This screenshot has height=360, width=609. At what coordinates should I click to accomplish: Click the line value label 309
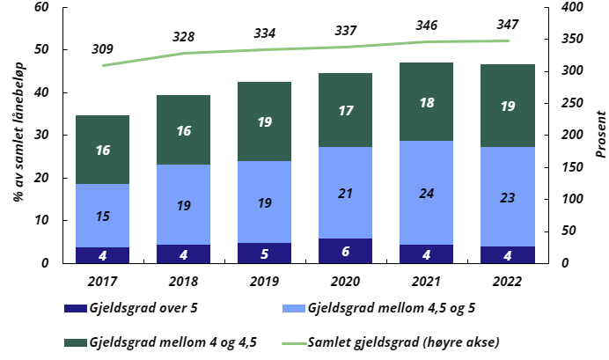tap(102, 48)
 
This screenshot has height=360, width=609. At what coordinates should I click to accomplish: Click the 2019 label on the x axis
tap(264, 281)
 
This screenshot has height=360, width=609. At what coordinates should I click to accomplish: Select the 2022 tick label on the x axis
tap(507, 281)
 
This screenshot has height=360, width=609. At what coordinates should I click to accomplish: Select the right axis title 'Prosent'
tap(600, 134)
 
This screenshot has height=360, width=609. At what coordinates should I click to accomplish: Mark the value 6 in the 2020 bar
tap(345, 251)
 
